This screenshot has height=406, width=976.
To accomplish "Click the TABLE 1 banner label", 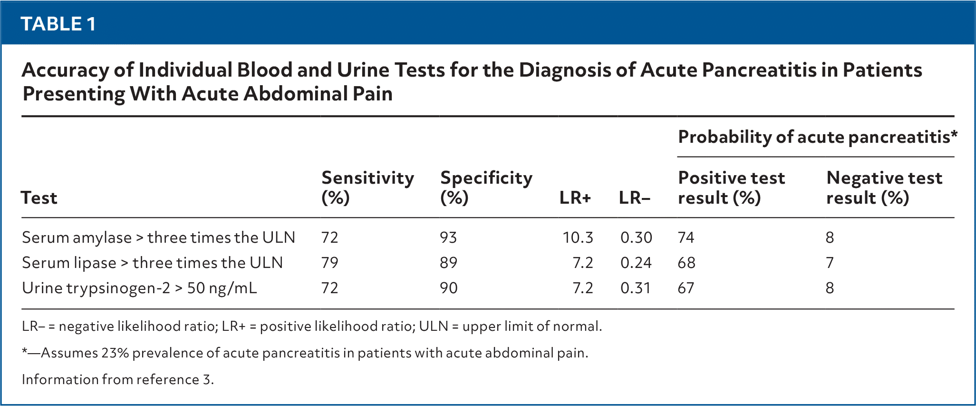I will tap(58, 24).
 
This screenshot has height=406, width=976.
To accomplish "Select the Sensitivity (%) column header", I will tap(367, 188).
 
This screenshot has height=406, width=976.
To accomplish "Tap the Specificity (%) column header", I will tap(486, 188).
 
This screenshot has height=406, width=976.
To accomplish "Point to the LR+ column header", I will tap(575, 198).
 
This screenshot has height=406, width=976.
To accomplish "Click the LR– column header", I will tap(634, 198).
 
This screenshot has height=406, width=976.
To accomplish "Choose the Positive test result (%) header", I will tap(731, 188).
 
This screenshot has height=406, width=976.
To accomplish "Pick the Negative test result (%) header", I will tap(884, 188).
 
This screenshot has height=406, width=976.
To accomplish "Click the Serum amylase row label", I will tap(158, 238).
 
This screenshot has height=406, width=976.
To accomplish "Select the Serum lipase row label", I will tap(152, 263).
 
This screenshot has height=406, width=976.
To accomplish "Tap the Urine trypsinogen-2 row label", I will tap(139, 288).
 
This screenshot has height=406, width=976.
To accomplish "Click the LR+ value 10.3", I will tap(578, 238).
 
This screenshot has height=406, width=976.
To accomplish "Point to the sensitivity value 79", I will tap(329, 263).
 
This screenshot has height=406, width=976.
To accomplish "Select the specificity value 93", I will tap(448, 238).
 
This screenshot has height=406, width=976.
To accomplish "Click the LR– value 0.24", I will tap(636, 263).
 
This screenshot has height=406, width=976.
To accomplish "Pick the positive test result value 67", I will tap(686, 288).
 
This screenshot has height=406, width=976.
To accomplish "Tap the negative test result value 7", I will tap(830, 263).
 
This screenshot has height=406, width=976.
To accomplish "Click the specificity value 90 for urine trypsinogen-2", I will tap(449, 288).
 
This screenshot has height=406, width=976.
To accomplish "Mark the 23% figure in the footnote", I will tap(115, 353).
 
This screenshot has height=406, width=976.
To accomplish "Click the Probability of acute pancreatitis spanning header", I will tap(817, 137).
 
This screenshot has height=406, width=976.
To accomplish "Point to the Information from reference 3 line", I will tap(118, 379).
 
